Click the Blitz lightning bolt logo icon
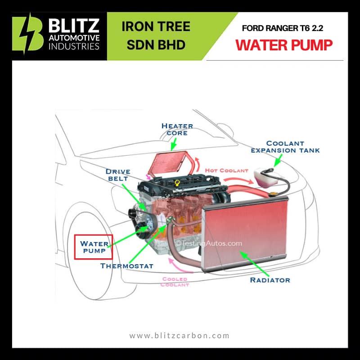tap(28, 35)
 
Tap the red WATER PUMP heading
tap(284, 45)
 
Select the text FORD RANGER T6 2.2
tap(283, 28)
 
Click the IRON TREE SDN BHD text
tap(156, 36)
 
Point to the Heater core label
tap(177, 130)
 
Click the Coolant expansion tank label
tap(285, 147)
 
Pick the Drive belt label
tap(118, 175)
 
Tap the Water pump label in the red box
tap(94, 247)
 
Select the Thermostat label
tap(127, 266)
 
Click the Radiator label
tap(270, 280)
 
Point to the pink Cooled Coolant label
tap(175, 282)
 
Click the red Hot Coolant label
tap(227, 171)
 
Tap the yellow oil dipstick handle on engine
tap(177, 183)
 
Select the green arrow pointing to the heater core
tap(174, 144)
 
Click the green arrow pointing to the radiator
tap(254, 264)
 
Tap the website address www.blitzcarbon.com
tap(179, 336)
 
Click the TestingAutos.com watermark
tap(209, 243)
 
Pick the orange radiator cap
tap(273, 194)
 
